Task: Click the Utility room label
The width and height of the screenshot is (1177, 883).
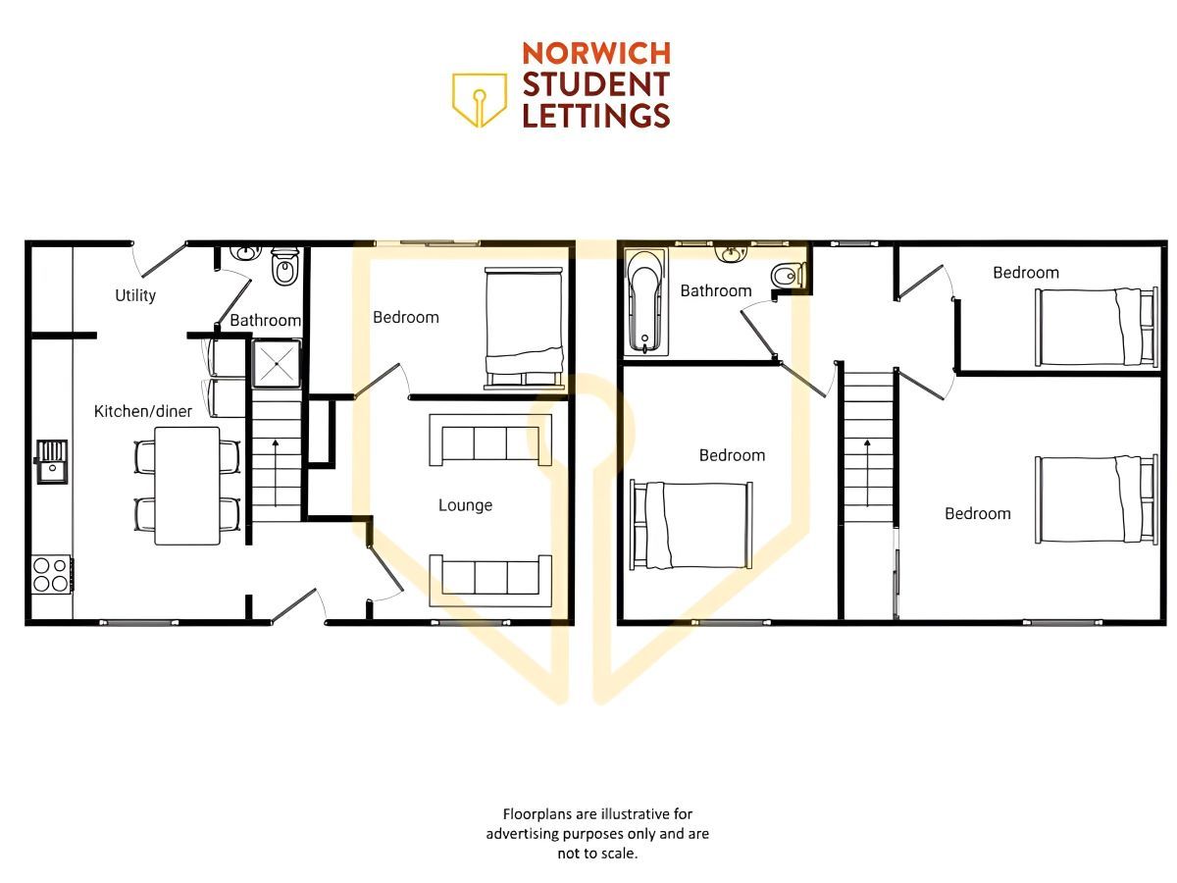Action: point(135,295)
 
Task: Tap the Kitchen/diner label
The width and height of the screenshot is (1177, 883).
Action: point(142,411)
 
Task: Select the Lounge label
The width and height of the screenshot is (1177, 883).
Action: point(465,505)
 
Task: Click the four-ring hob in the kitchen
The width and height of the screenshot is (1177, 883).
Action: point(51,574)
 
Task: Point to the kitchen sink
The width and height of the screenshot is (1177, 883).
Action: point(51,461)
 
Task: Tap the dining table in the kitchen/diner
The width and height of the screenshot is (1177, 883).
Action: point(186,486)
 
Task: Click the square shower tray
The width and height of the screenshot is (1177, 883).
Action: point(277,363)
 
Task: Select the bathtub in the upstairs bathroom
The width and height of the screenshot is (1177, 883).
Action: point(645,301)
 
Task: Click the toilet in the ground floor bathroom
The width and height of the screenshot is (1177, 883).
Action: point(283,267)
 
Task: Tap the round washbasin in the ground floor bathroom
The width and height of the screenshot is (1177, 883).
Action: point(245,252)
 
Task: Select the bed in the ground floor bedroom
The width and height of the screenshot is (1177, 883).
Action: point(524,329)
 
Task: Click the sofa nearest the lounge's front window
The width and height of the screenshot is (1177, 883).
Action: point(490,581)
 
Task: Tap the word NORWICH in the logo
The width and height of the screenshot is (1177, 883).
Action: point(596,53)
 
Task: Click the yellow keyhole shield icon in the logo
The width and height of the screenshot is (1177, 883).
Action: point(480,100)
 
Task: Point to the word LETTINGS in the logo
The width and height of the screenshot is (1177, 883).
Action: point(596,115)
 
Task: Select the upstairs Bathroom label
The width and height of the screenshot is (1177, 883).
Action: point(716,291)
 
